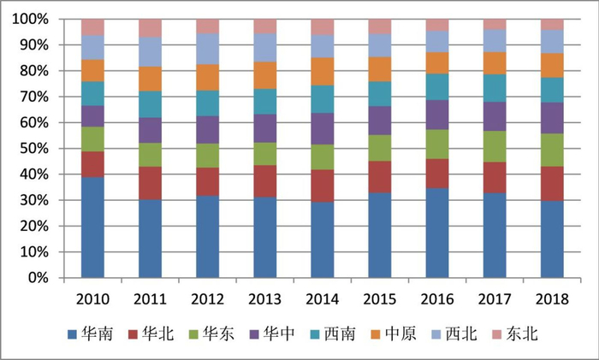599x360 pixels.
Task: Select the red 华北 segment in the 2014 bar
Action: pyautogui.click(x=323, y=186)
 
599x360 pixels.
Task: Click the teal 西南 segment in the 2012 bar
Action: pyautogui.click(x=207, y=103)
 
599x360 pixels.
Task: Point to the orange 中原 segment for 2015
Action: pyautogui.click(x=380, y=69)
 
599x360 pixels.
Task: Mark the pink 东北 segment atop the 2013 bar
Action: pyautogui.click(x=265, y=27)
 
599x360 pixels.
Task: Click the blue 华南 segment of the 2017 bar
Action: pyautogui.click(x=495, y=235)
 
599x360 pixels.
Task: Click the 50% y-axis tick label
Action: pyautogui.click(x=34, y=149)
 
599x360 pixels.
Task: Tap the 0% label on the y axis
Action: pyautogui.click(x=38, y=278)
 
